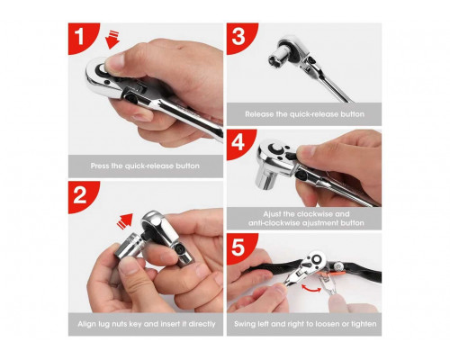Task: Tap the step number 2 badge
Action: pyautogui.click(x=80, y=195)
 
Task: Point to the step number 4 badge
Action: pyautogui.click(x=238, y=143)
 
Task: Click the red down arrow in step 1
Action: pyautogui.click(x=112, y=40)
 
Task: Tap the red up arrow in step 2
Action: pyautogui.click(x=125, y=221)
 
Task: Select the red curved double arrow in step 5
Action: pyautogui.click(x=311, y=289)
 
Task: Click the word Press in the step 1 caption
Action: pyautogui.click(x=99, y=166)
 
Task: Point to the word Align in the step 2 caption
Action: pyautogui.click(x=86, y=324)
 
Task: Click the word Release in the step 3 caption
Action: pyautogui.click(x=259, y=114)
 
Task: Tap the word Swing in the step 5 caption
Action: pyautogui.click(x=245, y=324)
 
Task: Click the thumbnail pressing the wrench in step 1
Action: pyautogui.click(x=115, y=62)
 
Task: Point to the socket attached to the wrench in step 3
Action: pyautogui.click(x=279, y=58)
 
